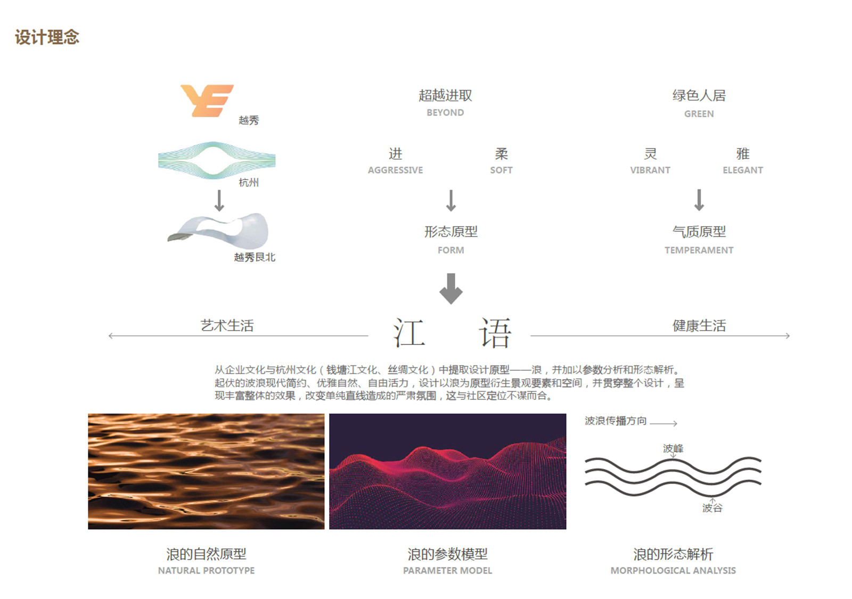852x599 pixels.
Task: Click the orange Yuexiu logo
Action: (x=207, y=101)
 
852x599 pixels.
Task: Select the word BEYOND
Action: (x=445, y=113)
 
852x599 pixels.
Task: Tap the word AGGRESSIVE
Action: (x=395, y=170)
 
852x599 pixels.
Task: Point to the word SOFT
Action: (x=501, y=170)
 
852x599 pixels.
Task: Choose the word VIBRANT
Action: (x=650, y=170)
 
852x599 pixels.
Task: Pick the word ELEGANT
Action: (x=743, y=170)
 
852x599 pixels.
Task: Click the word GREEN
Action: (x=699, y=114)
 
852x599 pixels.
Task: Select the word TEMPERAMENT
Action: (x=699, y=250)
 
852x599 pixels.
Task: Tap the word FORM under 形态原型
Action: (x=450, y=250)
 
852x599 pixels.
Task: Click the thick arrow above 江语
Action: (x=450, y=289)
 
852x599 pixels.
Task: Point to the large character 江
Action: (x=409, y=333)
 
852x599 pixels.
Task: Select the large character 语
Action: (x=495, y=333)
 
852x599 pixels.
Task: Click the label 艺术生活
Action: (x=227, y=325)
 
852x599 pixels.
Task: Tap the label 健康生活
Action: (x=699, y=325)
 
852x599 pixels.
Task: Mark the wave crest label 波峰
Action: (x=673, y=448)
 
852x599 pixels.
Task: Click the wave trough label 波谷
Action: (x=712, y=508)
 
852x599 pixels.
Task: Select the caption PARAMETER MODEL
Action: (x=448, y=571)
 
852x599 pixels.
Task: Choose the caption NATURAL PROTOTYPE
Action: (x=207, y=571)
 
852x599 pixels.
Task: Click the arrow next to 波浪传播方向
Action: (x=663, y=423)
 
